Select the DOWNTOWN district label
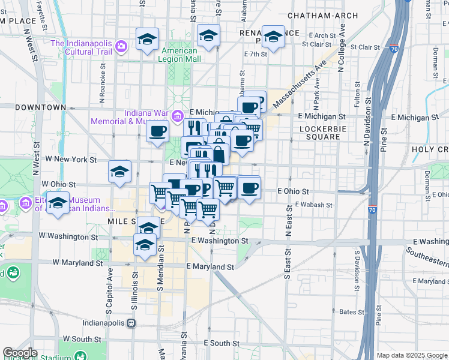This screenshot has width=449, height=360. [x=40, y=107]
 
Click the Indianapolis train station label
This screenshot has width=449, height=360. [x=113, y=323]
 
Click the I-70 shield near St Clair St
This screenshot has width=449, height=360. [x=393, y=47]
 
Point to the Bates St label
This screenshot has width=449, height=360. [x=348, y=312]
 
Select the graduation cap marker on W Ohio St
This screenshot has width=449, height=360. [x=119, y=171]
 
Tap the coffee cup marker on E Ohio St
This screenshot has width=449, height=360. [x=249, y=188]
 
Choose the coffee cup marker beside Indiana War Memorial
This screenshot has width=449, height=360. [x=158, y=130]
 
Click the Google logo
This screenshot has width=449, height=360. [x=20, y=353]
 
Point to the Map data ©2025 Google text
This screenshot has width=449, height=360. [x=411, y=355]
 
